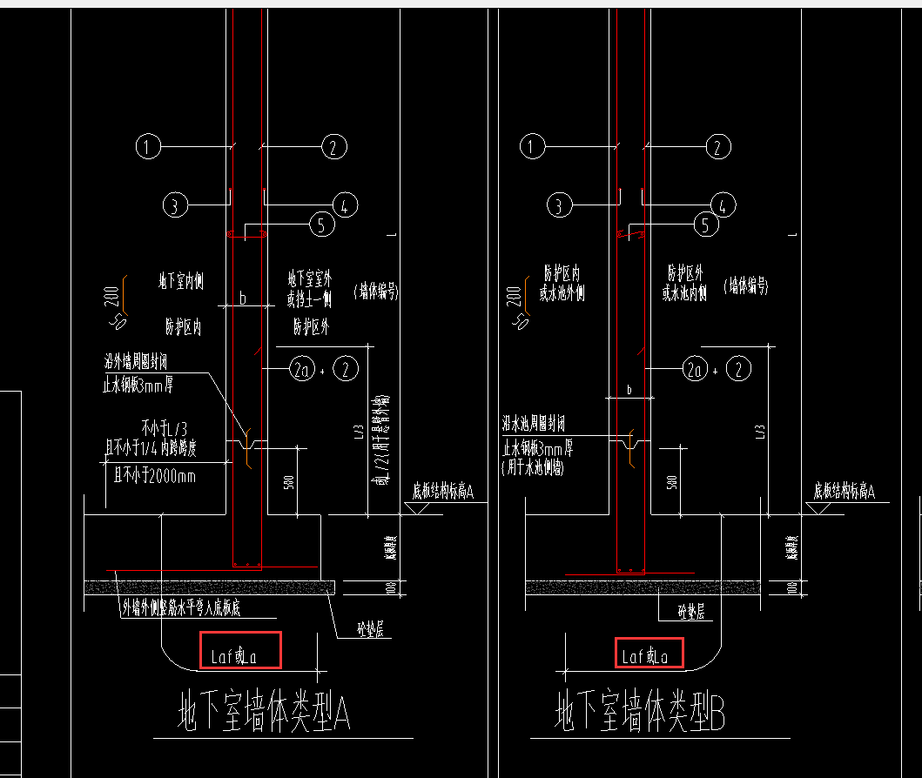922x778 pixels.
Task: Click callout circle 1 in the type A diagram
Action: (149, 147)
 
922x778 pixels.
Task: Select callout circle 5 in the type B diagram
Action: (706, 225)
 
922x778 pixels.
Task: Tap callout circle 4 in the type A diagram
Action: (344, 205)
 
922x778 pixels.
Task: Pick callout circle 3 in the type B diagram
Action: (559, 205)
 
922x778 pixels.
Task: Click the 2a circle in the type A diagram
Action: (301, 369)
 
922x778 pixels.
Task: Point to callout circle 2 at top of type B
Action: (717, 147)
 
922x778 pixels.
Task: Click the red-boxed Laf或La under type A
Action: (240, 650)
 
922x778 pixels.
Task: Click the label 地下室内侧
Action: (180, 281)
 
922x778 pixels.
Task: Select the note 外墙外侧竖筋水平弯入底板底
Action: (181, 607)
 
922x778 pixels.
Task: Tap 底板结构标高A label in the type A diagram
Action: (442, 493)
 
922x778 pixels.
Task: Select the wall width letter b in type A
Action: (243, 298)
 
